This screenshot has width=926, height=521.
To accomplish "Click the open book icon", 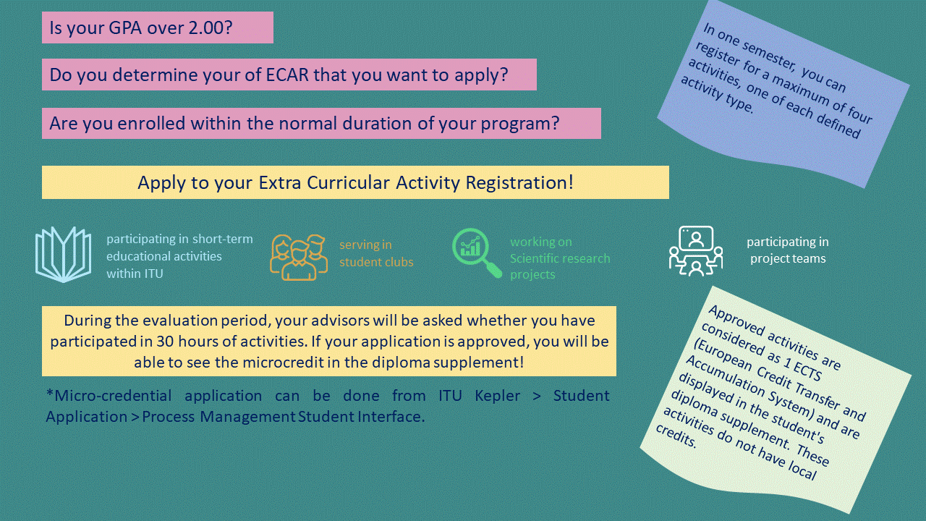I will (x=63, y=254).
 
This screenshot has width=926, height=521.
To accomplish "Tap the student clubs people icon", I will (x=299, y=257).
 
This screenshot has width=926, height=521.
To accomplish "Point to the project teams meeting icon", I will (x=695, y=251).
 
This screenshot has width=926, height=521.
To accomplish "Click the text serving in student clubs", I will (x=376, y=253).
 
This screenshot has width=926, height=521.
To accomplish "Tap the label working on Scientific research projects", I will (x=560, y=258).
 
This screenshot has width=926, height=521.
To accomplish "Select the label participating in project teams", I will (x=787, y=250).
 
